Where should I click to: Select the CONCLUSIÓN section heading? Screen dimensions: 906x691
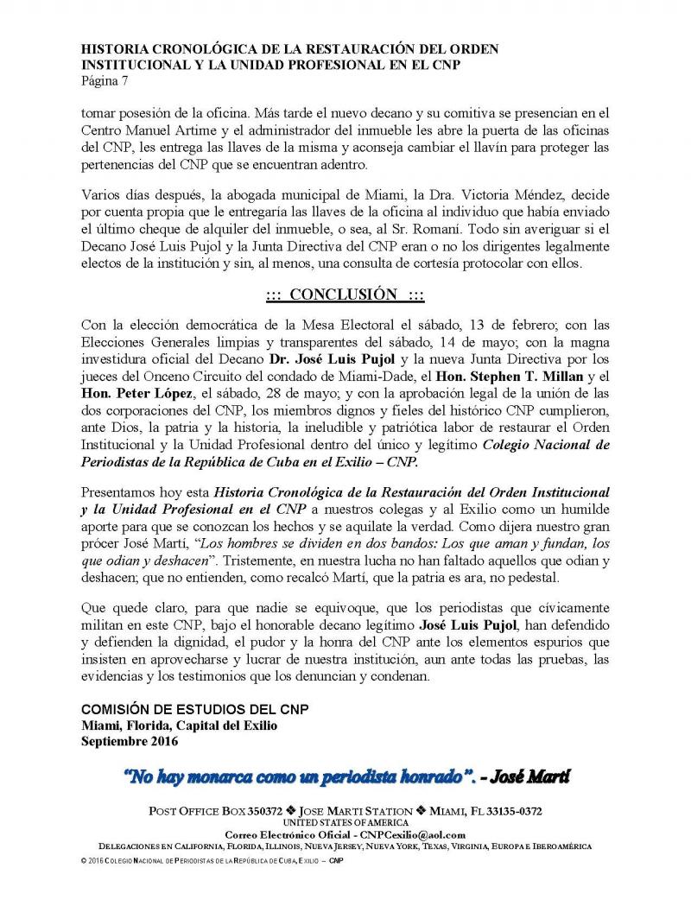[345, 295]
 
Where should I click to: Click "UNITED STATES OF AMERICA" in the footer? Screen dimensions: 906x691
[345, 823]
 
